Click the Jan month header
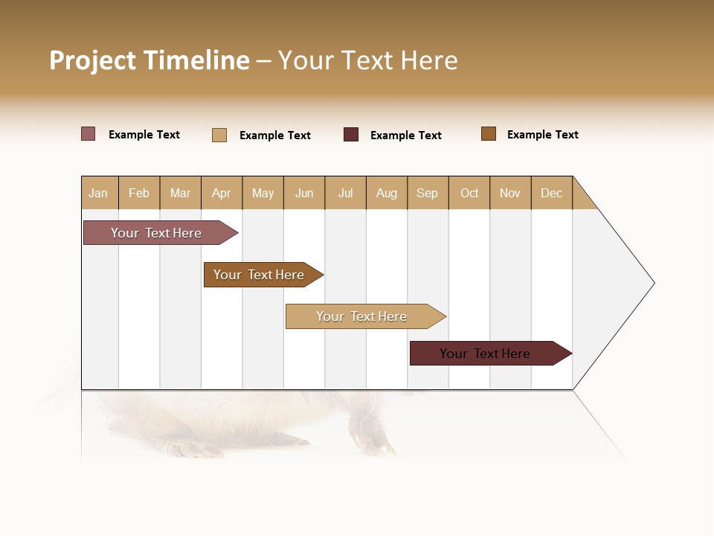click(x=99, y=193)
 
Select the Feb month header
click(x=139, y=193)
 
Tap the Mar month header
click(x=180, y=193)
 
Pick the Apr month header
click(x=222, y=193)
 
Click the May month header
click(x=263, y=193)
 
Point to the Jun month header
click(x=304, y=193)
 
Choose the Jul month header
click(x=345, y=193)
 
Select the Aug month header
click(x=387, y=193)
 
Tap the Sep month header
click(x=428, y=193)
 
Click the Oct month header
click(x=469, y=193)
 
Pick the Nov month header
click(x=510, y=193)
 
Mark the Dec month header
click(x=552, y=193)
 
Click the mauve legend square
click(x=89, y=134)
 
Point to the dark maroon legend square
click(x=351, y=135)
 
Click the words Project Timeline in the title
click(x=149, y=60)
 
